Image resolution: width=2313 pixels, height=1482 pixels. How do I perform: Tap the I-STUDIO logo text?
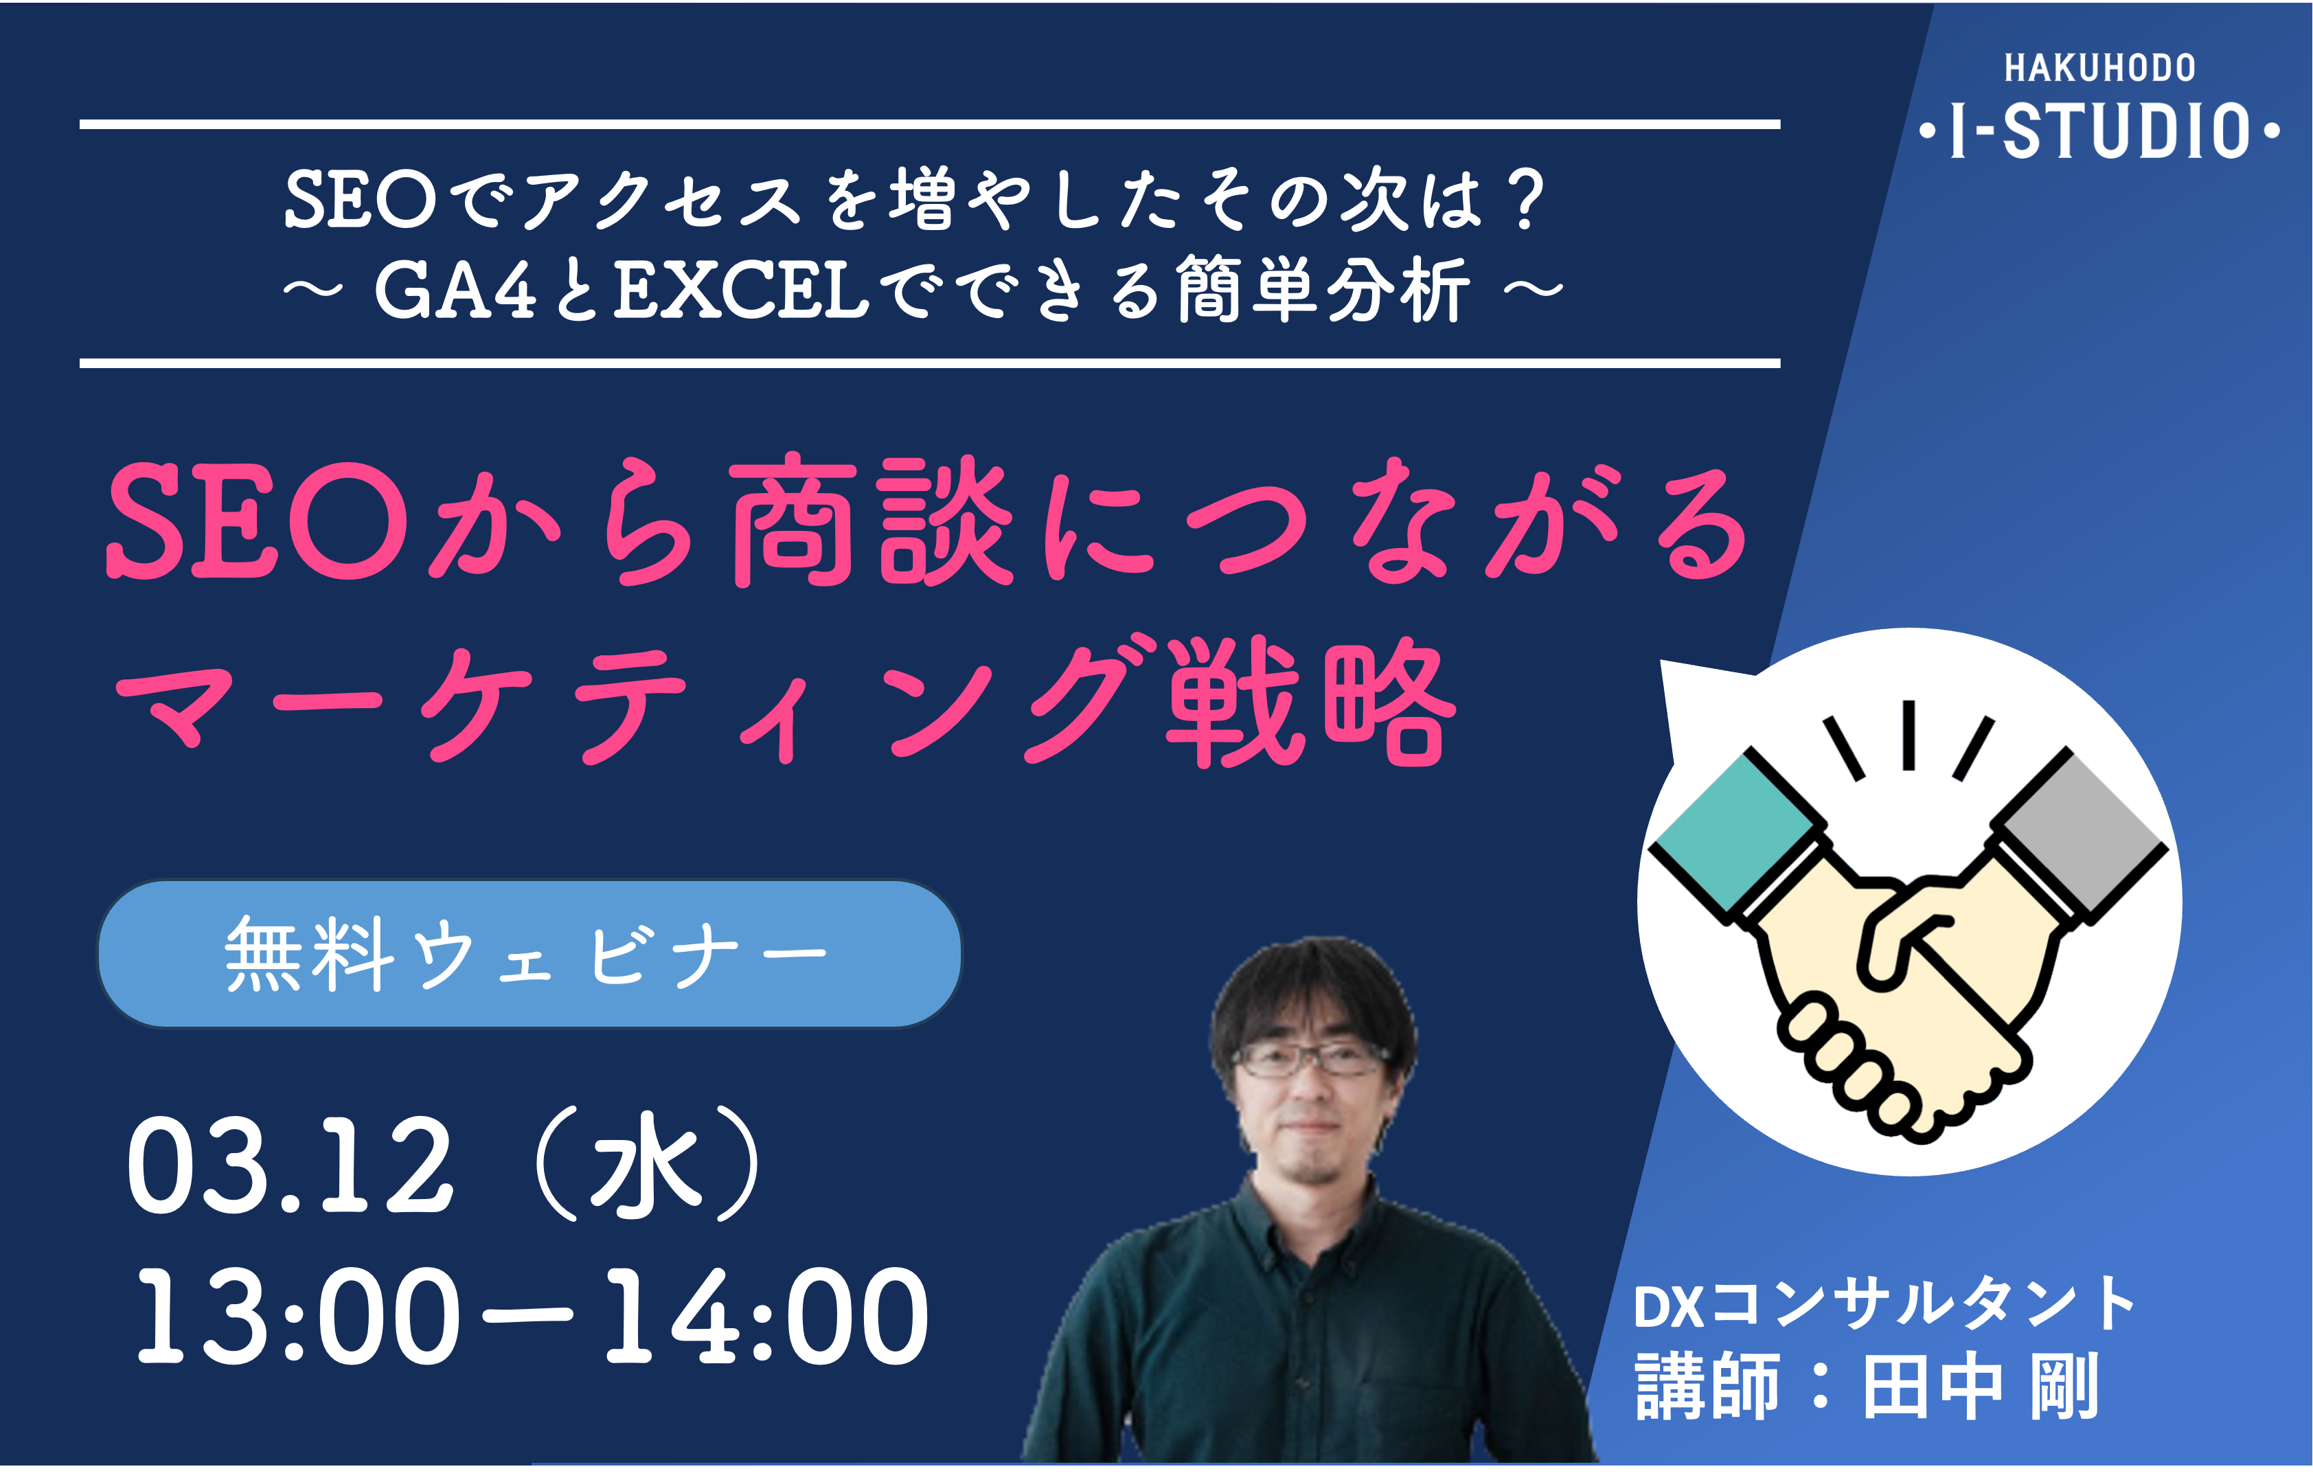(2099, 131)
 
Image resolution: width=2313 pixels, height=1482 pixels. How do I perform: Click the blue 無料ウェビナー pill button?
(529, 954)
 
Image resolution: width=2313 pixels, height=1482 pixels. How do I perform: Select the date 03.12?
(288, 1166)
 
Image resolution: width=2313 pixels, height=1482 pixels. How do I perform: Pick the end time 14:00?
(765, 1316)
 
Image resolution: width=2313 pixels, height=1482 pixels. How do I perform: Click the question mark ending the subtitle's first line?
(1526, 200)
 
